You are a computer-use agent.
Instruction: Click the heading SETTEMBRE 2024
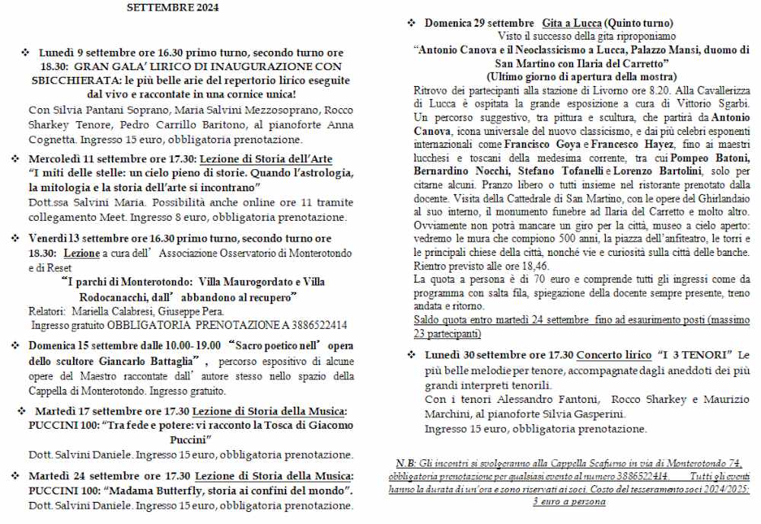pos(172,8)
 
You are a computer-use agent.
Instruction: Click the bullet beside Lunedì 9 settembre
pos(24,53)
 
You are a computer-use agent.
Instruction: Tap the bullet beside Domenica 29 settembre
pos(411,23)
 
